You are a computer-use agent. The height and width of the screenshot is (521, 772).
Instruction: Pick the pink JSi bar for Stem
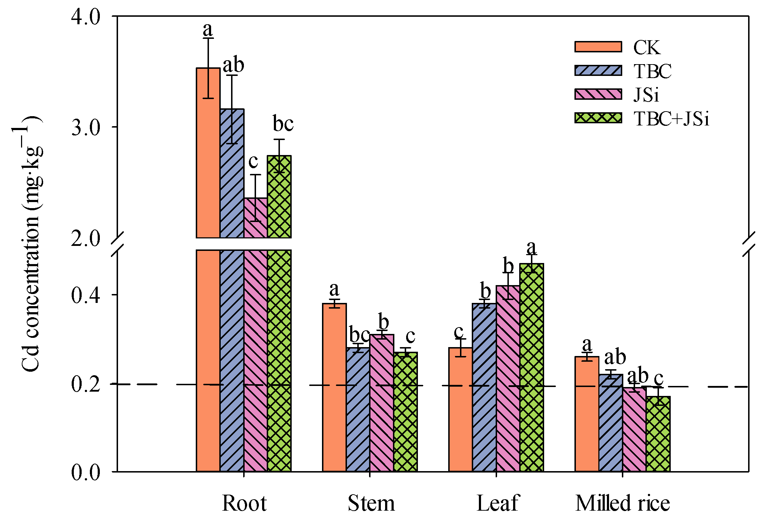pos(382,403)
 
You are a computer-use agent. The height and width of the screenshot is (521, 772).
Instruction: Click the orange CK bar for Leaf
pos(460,410)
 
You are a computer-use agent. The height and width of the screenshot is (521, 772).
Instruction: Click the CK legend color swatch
pos(598,47)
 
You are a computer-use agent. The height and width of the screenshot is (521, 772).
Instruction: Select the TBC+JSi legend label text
pos(671,119)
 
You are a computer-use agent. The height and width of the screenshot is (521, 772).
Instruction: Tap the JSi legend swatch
pos(598,94)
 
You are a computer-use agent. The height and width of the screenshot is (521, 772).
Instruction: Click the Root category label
pos(244,503)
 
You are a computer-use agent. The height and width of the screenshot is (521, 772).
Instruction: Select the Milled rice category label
pos(622,503)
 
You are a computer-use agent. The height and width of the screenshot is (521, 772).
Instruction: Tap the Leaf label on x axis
pos(497,503)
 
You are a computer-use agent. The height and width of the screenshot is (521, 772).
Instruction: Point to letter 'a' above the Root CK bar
pos(208,29)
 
